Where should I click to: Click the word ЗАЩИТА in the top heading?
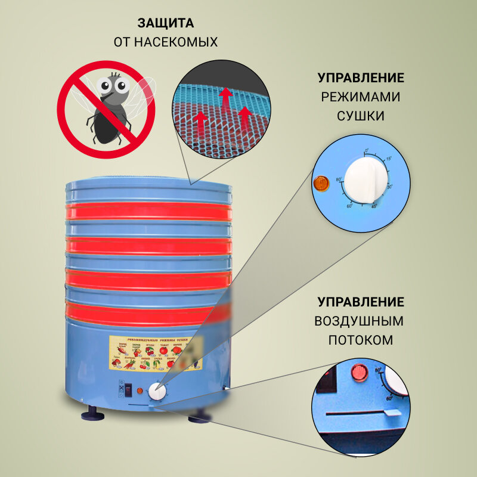pyautogui.click(x=166, y=24)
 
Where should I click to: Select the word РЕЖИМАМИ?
pyautogui.click(x=360, y=97)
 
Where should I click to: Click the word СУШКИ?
pyautogui.click(x=360, y=116)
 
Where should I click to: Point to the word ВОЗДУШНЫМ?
pyautogui.click(x=359, y=321)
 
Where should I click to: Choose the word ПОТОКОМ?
pyautogui.click(x=360, y=340)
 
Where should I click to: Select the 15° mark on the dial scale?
pyautogui.click(x=389, y=159)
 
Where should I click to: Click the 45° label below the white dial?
pyautogui.click(x=374, y=207)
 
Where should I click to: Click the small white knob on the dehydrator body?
pyautogui.click(x=157, y=392)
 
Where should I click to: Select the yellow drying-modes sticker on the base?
pyautogui.click(x=156, y=352)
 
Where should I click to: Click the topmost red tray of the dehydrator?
pyautogui.click(x=148, y=211)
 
